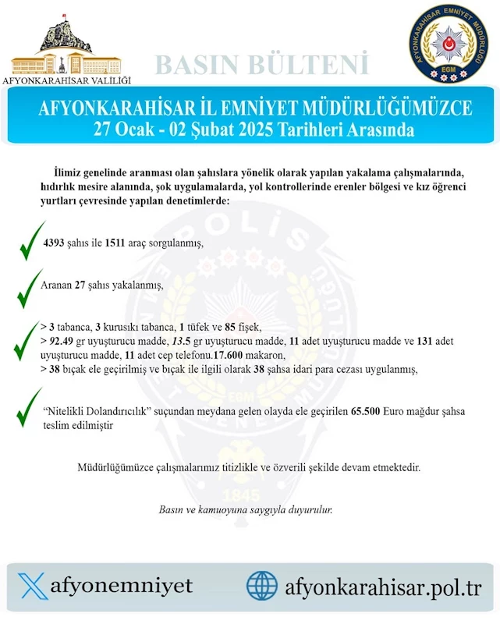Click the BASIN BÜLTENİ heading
coord(261,65)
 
